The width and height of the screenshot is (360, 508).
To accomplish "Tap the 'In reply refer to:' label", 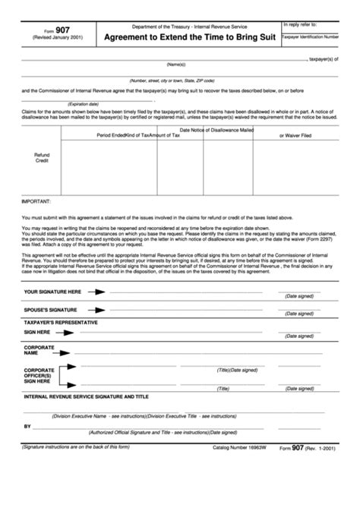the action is [302, 24].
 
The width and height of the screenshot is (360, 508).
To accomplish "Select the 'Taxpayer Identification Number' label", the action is [319, 36].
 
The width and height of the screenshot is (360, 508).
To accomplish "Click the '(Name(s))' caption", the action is [176, 65].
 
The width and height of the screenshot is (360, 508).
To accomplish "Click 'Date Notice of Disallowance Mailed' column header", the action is [216, 130].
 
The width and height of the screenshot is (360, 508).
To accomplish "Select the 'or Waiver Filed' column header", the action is [296, 135].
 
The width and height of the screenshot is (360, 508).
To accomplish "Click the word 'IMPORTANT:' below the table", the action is [36, 203].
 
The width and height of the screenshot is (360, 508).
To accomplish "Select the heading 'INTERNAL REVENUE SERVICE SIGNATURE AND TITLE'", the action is [87, 396].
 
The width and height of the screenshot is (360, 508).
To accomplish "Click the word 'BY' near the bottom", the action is [27, 427].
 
